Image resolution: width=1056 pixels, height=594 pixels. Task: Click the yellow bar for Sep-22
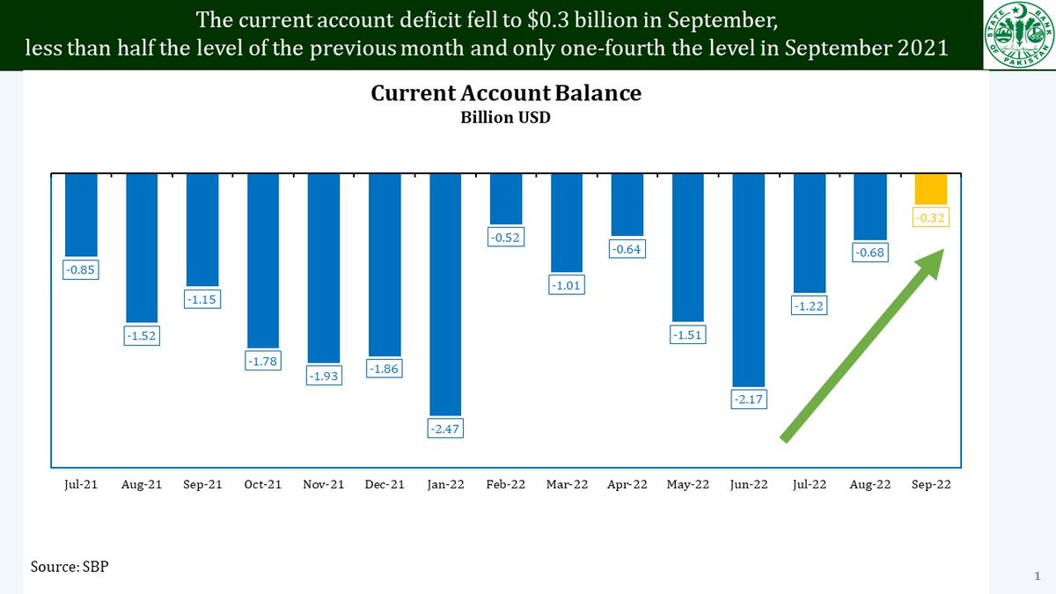pyautogui.click(x=931, y=189)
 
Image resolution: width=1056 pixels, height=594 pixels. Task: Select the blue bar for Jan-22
pyautogui.click(x=445, y=293)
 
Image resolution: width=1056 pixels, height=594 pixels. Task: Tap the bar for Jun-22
pyautogui.click(x=749, y=280)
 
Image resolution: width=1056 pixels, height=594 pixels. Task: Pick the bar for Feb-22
pyautogui.click(x=506, y=199)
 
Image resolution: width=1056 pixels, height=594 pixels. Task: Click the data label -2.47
pyautogui.click(x=445, y=429)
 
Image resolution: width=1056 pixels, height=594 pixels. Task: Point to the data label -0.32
pyautogui.click(x=931, y=216)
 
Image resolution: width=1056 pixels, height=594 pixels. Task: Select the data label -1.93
pyautogui.click(x=324, y=376)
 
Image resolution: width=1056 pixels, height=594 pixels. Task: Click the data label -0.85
pyautogui.click(x=81, y=269)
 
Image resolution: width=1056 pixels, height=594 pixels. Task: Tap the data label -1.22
pyautogui.click(x=810, y=305)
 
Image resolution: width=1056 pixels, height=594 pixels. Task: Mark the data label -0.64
pyautogui.click(x=627, y=249)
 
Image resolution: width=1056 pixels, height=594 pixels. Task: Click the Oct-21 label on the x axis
pyautogui.click(x=263, y=485)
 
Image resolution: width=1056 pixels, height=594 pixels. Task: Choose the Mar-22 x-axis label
pyautogui.click(x=567, y=485)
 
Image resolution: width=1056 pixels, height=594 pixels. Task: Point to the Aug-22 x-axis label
pyautogui.click(x=870, y=485)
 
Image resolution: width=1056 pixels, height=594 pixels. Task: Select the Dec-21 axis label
pyautogui.click(x=385, y=485)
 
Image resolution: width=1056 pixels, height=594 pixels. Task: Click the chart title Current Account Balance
pyautogui.click(x=505, y=93)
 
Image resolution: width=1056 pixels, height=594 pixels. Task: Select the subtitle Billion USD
pyautogui.click(x=505, y=117)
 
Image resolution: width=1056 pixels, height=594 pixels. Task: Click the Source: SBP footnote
pyautogui.click(x=70, y=565)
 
